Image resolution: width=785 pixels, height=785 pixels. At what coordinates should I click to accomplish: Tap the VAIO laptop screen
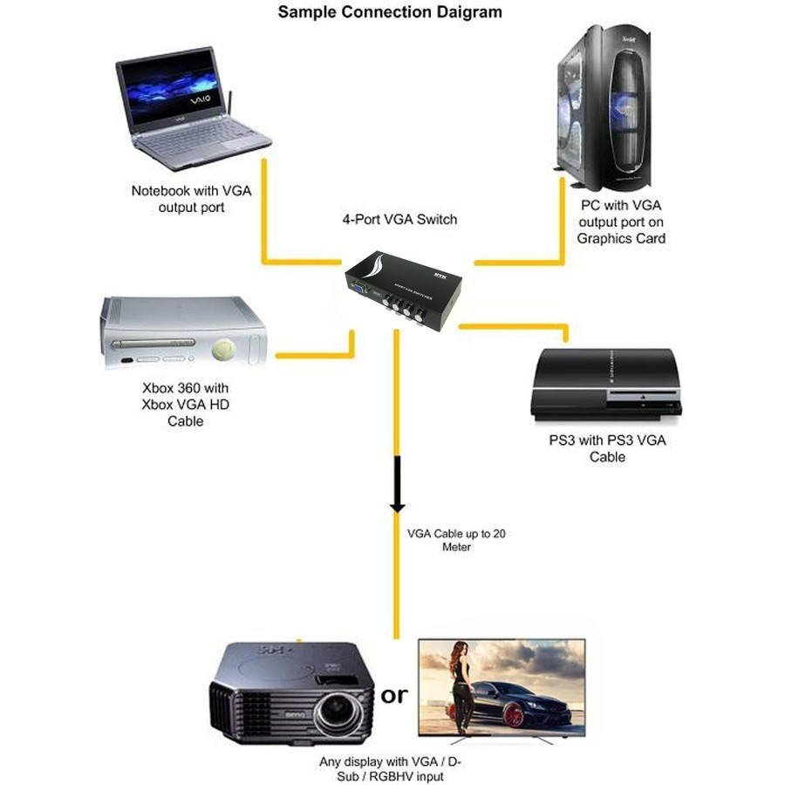click(169, 89)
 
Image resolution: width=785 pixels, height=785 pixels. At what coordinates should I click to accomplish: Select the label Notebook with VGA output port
click(191, 199)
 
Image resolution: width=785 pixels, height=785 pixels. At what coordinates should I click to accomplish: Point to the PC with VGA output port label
click(621, 222)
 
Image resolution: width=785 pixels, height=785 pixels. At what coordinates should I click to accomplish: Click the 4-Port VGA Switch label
click(399, 220)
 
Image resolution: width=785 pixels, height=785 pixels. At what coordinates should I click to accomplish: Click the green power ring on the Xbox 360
click(224, 350)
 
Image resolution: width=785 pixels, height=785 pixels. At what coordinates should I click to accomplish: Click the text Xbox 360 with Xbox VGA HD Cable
click(185, 404)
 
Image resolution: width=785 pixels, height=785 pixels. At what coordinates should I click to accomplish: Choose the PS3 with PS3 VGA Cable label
click(607, 448)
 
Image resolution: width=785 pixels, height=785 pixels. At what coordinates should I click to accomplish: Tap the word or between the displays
click(394, 695)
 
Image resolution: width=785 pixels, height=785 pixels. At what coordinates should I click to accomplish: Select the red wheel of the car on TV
click(514, 716)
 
